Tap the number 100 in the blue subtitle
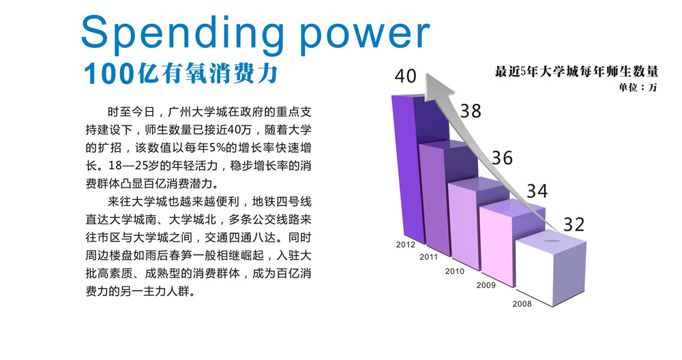coord(108,74)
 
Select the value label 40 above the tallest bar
coord(405,76)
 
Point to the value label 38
coord(471,111)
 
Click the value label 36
coord(503,157)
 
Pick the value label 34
coord(537,192)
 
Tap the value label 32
coord(574,224)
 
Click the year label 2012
coord(405,245)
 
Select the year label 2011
coord(428,257)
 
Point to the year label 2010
coord(454,271)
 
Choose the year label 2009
coord(486,285)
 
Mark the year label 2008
coord(522,304)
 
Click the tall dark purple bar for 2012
coord(409,170)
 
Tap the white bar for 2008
coord(534,272)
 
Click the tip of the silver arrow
coord(427,74)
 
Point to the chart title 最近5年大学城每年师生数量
coord(576,72)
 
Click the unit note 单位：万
coord(638,87)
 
